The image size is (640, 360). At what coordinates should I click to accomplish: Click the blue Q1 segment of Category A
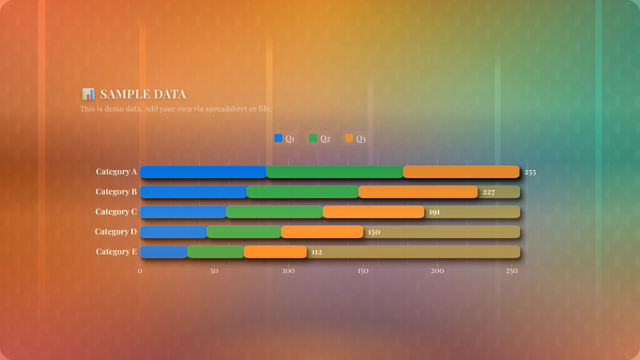pyautogui.click(x=203, y=172)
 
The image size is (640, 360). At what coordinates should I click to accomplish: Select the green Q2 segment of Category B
pyautogui.click(x=303, y=192)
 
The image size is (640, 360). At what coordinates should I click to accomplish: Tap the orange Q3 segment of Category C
pyautogui.click(x=373, y=212)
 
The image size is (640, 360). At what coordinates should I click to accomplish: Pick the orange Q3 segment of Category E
pyautogui.click(x=275, y=252)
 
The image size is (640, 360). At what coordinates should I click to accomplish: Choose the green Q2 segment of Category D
pyautogui.click(x=244, y=232)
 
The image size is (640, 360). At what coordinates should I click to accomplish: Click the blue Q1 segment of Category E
pyautogui.click(x=164, y=252)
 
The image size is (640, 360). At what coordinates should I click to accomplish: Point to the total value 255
pyautogui.click(x=530, y=172)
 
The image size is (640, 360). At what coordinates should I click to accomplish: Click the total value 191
pyautogui.click(x=434, y=212)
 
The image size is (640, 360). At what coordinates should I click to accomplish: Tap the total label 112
pyautogui.click(x=317, y=252)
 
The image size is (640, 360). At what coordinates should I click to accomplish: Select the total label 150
pyautogui.click(x=374, y=232)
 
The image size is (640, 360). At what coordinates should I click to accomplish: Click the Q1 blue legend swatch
pyautogui.click(x=278, y=138)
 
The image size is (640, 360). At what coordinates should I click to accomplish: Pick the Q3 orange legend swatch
pyautogui.click(x=349, y=138)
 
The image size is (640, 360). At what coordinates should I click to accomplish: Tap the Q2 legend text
pyautogui.click(x=325, y=139)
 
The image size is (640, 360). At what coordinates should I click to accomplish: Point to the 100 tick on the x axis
pyautogui.click(x=288, y=271)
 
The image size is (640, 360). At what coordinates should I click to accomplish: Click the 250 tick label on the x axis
pyautogui.click(x=512, y=271)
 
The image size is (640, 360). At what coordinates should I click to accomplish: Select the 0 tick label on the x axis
pyautogui.click(x=140, y=271)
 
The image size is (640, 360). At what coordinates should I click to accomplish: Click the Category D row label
pyautogui.click(x=116, y=232)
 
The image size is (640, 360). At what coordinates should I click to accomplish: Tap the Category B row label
pyautogui.click(x=116, y=192)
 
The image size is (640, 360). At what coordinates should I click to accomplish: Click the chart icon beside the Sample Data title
pyautogui.click(x=88, y=94)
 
